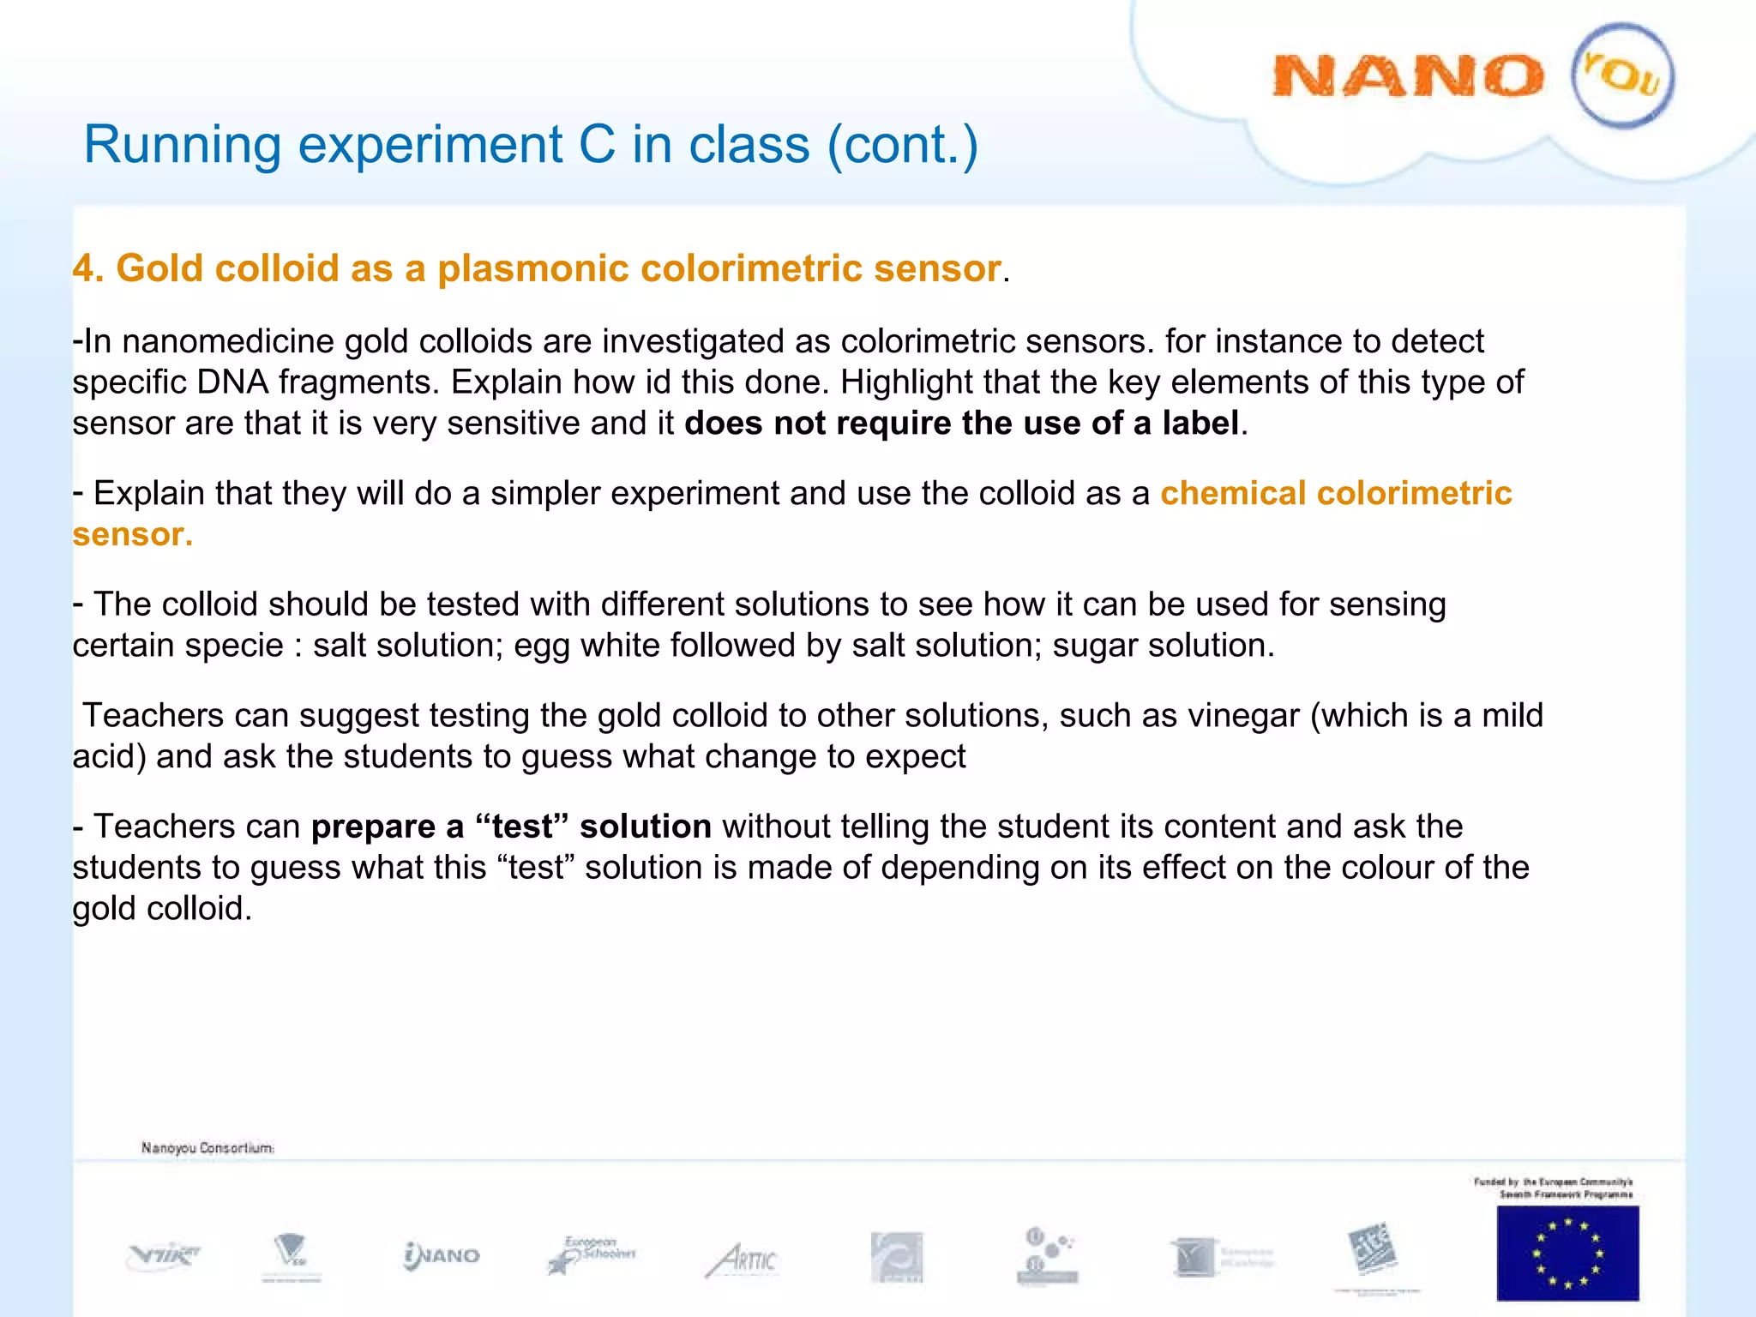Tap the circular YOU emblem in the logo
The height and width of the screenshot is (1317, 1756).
point(1622,75)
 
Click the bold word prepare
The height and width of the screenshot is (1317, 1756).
point(374,827)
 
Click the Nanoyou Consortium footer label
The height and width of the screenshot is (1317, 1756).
point(207,1147)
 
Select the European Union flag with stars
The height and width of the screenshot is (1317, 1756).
point(1567,1252)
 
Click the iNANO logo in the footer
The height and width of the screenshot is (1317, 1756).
point(442,1255)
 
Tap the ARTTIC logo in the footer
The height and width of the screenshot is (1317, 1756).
point(742,1260)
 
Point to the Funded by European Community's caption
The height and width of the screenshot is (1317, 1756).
point(1553,1188)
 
